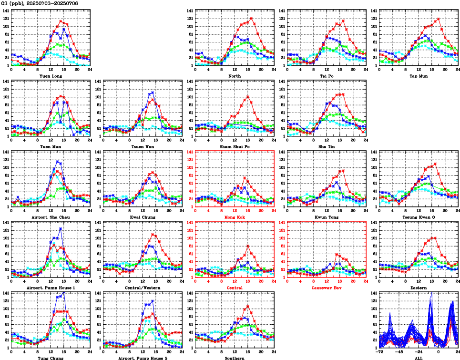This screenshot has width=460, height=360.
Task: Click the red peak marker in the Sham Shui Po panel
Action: [x=247, y=97]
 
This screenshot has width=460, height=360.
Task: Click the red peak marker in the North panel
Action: [x=251, y=19]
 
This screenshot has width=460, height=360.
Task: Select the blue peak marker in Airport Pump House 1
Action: [x=61, y=229]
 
